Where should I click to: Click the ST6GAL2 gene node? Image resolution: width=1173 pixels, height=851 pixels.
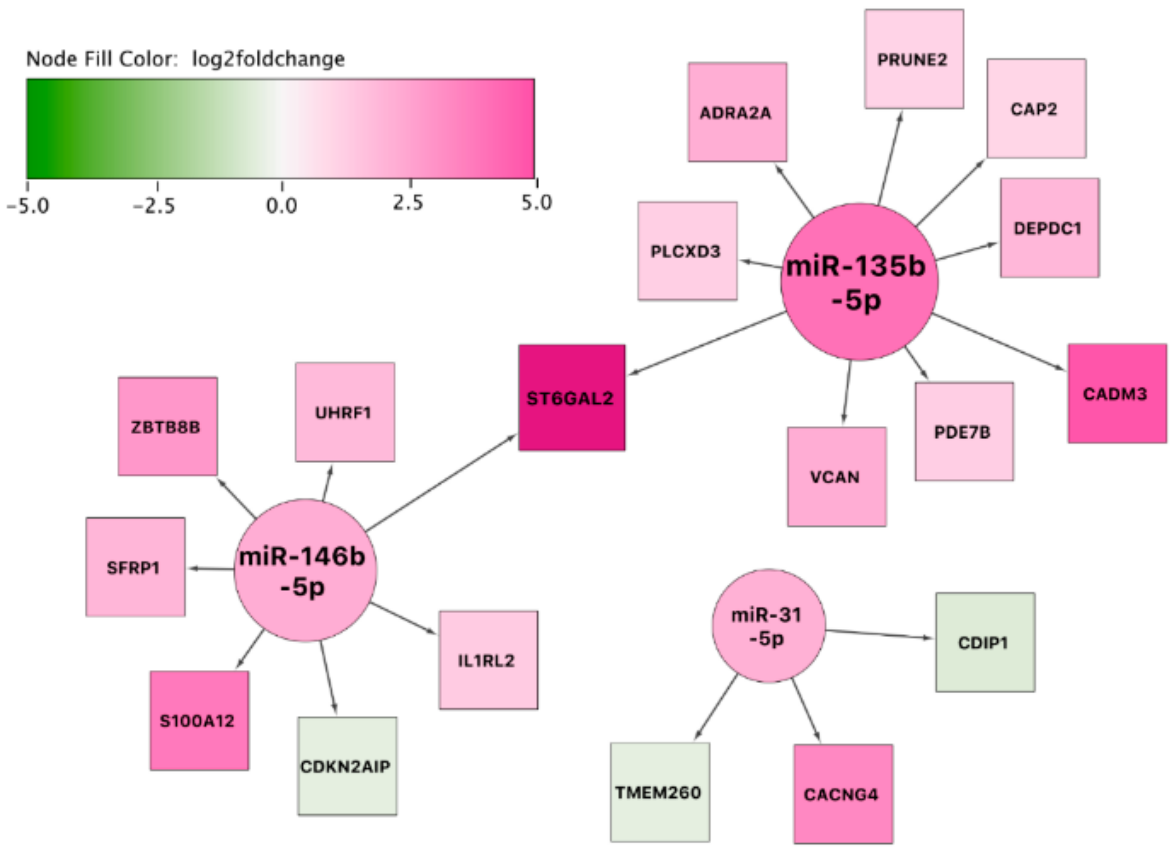coord(572,398)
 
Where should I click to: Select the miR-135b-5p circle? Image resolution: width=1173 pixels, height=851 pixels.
coord(859,282)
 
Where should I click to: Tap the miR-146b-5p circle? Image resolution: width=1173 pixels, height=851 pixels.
coord(305,570)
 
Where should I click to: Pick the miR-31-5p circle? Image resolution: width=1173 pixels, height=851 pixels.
coord(768,626)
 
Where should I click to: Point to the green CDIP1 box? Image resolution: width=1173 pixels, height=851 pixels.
coord(985,642)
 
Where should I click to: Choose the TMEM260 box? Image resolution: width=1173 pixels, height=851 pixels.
coord(659,792)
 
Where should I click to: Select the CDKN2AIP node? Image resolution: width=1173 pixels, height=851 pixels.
coord(347,766)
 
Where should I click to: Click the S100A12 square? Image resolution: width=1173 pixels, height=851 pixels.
coord(199,721)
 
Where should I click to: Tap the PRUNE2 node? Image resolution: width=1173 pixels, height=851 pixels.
coord(914,59)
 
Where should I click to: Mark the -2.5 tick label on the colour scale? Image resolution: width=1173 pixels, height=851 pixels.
coord(154,206)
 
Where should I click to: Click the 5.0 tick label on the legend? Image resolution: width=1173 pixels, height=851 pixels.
coord(536,202)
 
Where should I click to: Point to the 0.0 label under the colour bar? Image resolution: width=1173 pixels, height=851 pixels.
coord(281,206)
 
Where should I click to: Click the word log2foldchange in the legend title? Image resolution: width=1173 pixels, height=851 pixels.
coord(268,59)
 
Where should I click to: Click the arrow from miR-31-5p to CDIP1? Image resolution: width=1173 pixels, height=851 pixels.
coord(879,634)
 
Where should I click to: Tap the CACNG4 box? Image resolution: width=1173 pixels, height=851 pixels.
coord(843,794)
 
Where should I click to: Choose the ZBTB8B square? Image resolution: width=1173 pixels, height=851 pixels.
coord(167,426)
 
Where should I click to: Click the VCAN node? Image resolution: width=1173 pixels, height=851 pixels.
coord(836,476)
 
